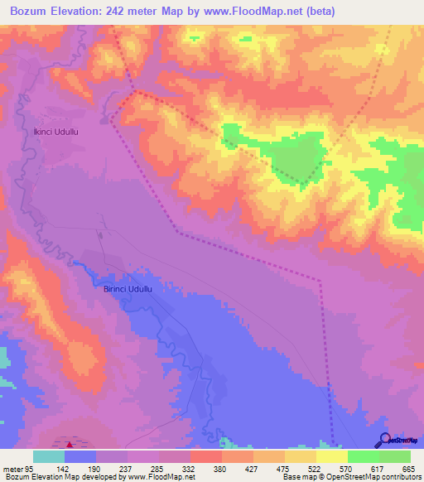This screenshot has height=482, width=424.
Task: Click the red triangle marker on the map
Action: tap(69, 445)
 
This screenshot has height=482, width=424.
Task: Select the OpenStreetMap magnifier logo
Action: tap(384, 440)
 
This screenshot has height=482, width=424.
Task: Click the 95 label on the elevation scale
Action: tap(29, 469)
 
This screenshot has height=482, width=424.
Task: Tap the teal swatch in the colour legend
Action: tap(49, 456)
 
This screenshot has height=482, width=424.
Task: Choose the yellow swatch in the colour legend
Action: tap(331, 456)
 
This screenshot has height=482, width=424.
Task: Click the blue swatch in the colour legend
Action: tap(80, 456)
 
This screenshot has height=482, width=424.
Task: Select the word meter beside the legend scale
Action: tap(12, 469)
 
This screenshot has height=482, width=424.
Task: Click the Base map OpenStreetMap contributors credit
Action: tap(351, 477)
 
